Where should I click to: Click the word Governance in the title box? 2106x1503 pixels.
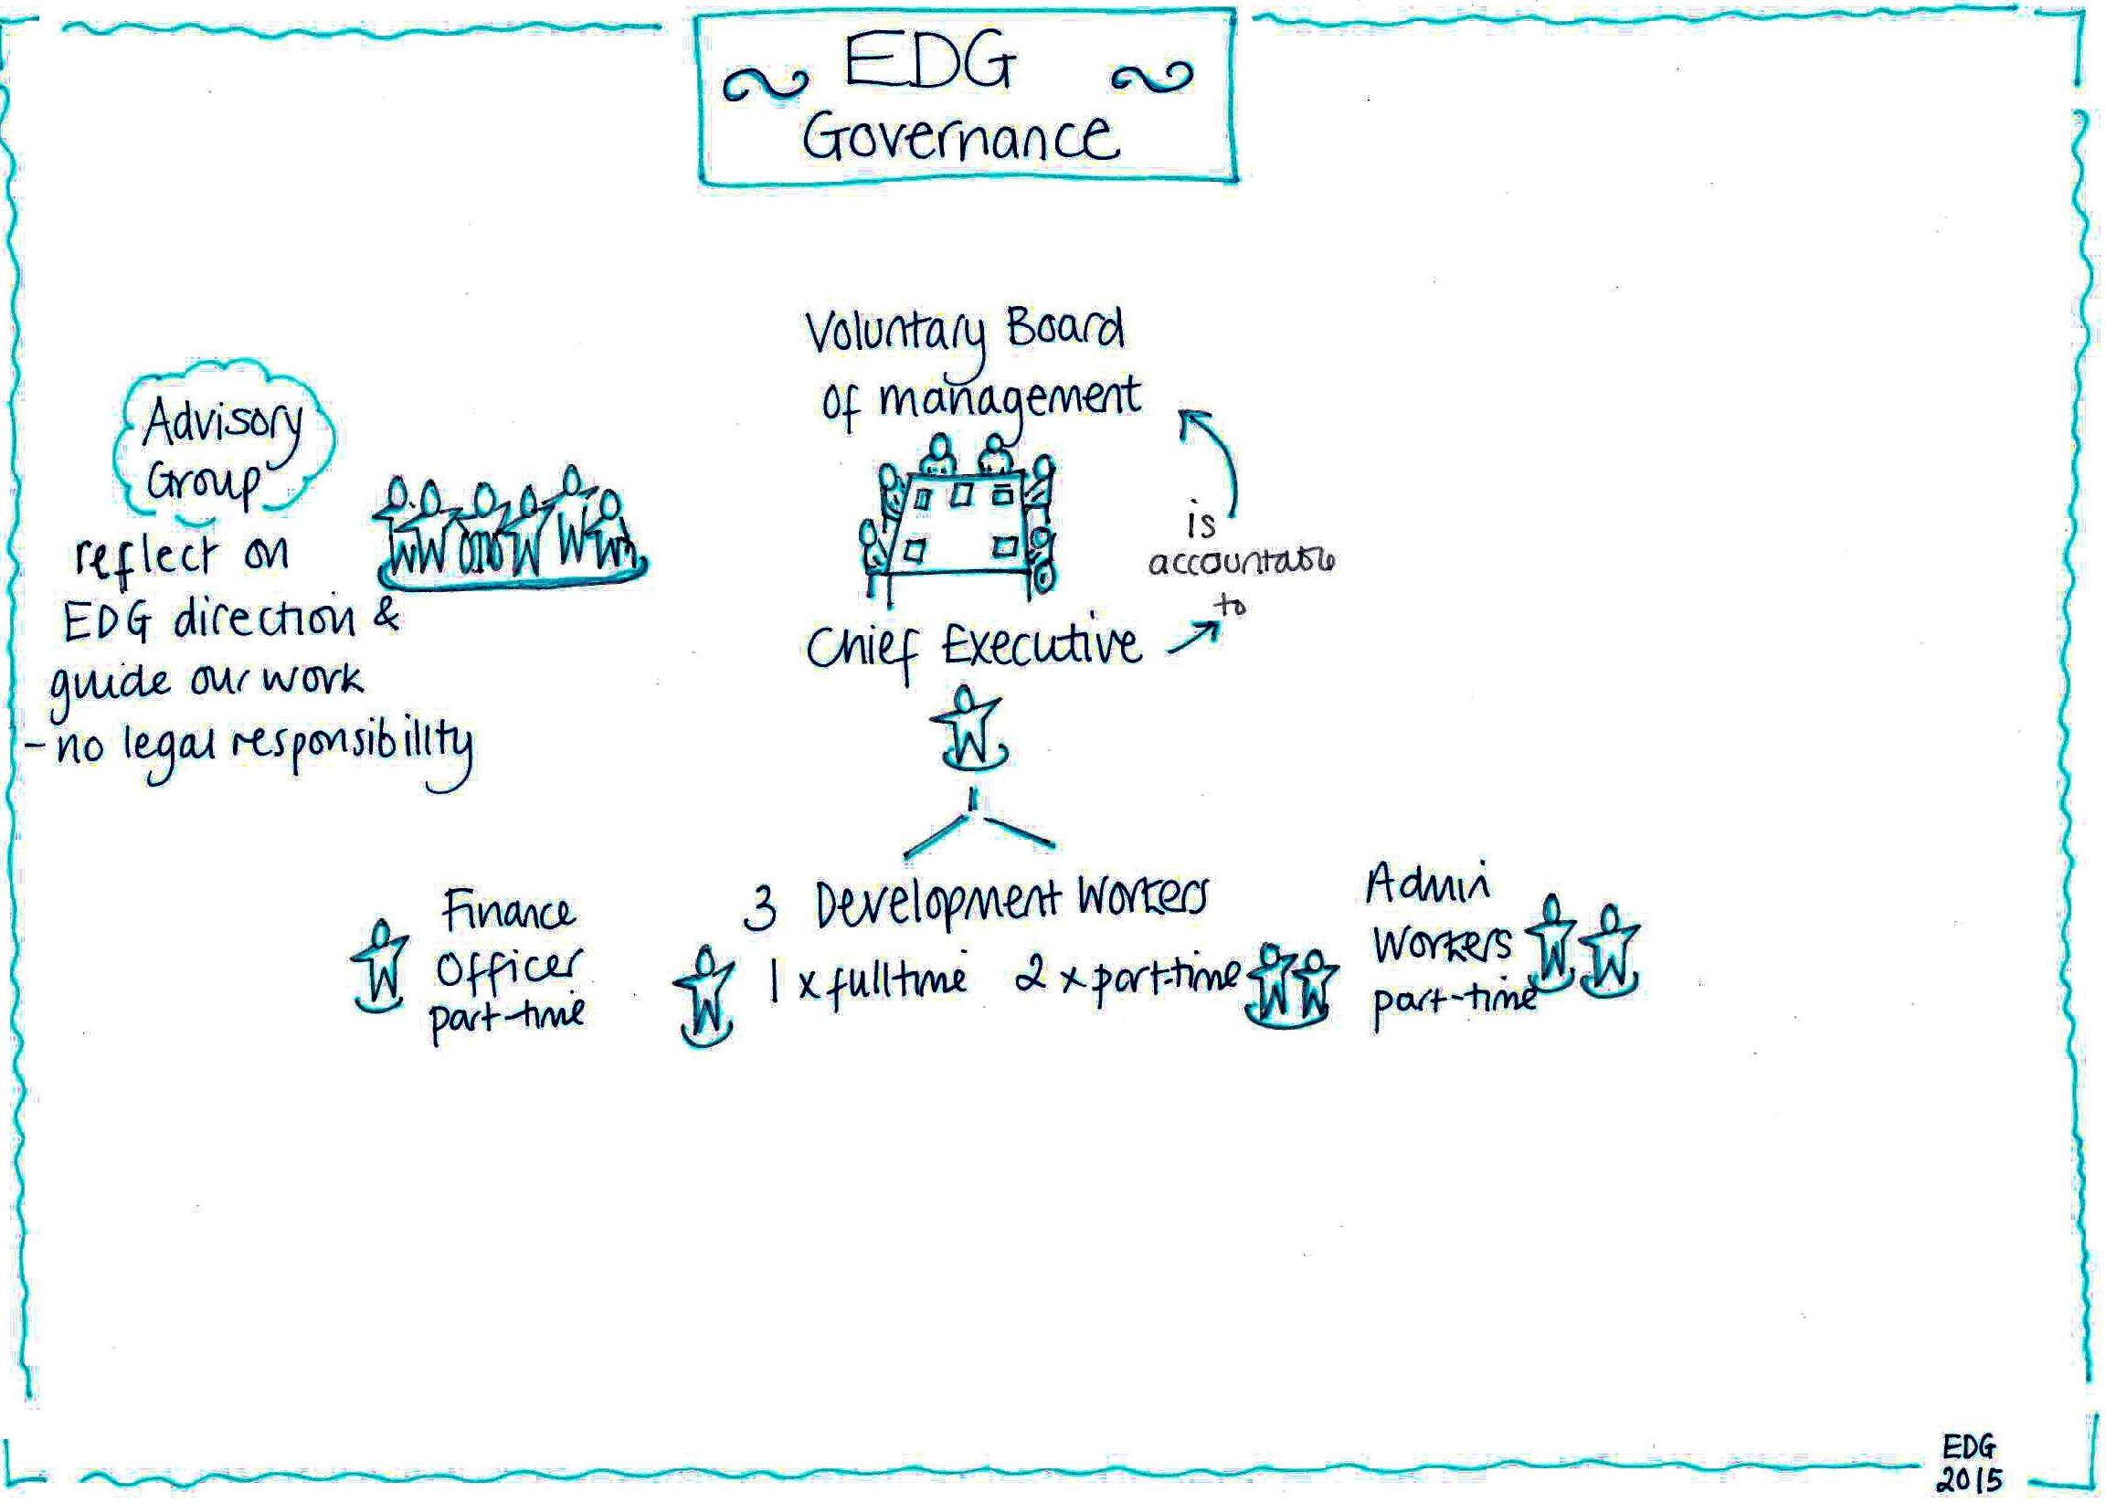[960, 139]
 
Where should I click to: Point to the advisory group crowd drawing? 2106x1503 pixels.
[512, 532]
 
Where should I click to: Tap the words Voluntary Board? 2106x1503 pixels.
[964, 331]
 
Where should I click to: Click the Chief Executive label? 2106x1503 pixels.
[972, 645]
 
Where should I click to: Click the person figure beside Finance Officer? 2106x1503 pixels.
[379, 968]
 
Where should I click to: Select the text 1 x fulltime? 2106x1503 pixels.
[868, 979]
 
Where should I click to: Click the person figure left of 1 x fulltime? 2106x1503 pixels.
[705, 996]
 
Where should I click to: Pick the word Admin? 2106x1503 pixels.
[1428, 883]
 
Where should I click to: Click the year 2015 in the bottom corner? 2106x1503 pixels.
[1969, 1478]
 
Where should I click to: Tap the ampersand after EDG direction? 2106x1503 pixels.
[386, 615]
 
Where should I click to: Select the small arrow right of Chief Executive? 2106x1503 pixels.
[1193, 639]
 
